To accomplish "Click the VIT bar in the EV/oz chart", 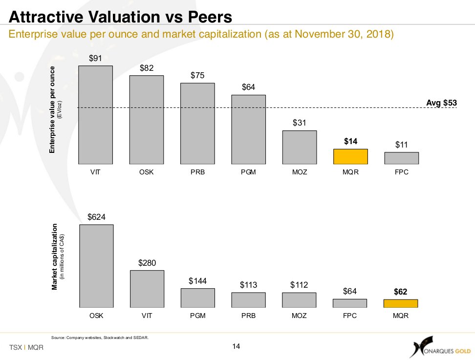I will pyautogui.click(x=95, y=115).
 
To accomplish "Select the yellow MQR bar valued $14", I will pyautogui.click(x=350, y=156).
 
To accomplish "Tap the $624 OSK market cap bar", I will pyautogui.click(x=96, y=266).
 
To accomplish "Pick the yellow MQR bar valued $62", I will pyautogui.click(x=401, y=303).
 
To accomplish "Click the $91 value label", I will pyautogui.click(x=95, y=58).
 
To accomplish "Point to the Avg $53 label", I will pyautogui.click(x=441, y=103).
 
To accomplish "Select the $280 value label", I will pyautogui.click(x=147, y=263).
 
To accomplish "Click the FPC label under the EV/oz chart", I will pyautogui.click(x=402, y=172).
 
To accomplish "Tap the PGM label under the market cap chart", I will pyautogui.click(x=198, y=316).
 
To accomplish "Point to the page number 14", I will pyautogui.click(x=237, y=346).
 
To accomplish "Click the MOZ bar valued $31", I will pyautogui.click(x=300, y=147).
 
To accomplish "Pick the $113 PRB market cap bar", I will pyautogui.click(x=249, y=300).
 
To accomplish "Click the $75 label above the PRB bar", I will pyautogui.click(x=198, y=75).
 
